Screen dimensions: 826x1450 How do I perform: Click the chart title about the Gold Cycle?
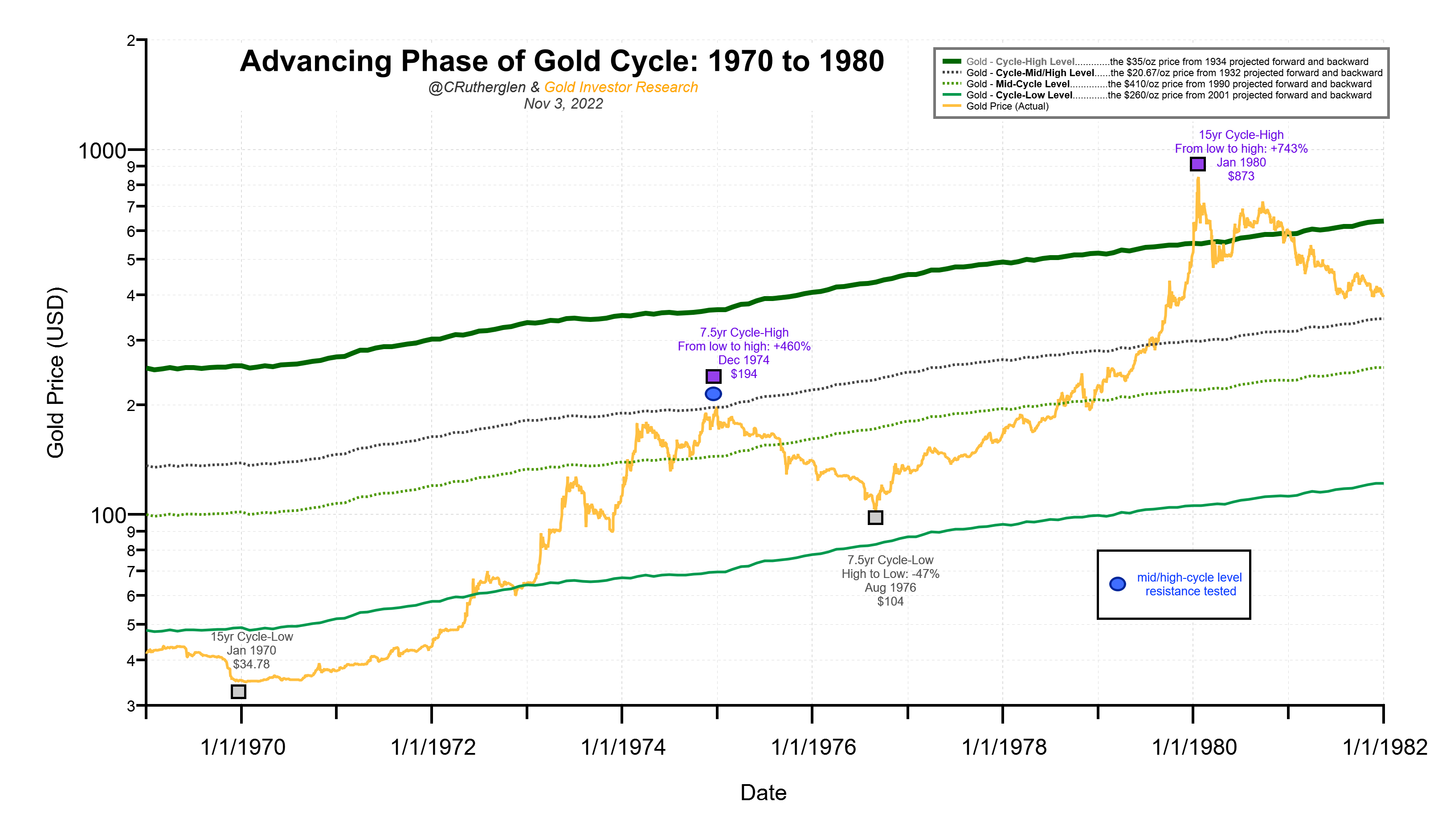click(561, 61)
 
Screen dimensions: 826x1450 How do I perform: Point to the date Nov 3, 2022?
click(563, 104)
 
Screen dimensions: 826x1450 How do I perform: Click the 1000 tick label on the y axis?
click(102, 151)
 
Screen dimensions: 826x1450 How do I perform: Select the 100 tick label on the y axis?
click(108, 516)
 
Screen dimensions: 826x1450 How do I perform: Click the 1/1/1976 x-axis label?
click(813, 747)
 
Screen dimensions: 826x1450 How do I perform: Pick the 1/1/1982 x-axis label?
click(1384, 747)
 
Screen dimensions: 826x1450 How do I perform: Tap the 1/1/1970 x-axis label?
click(242, 747)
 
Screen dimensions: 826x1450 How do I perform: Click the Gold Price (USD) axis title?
click(56, 373)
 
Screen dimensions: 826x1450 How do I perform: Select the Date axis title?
click(763, 793)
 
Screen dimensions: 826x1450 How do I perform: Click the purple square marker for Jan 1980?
click(1197, 164)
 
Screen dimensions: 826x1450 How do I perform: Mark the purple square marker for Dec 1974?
click(713, 376)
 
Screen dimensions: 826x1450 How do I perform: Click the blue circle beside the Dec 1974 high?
click(713, 394)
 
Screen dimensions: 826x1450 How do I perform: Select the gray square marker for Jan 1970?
click(238, 692)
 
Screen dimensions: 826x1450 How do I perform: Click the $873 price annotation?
click(1241, 176)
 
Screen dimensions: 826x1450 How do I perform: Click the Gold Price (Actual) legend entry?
click(1007, 106)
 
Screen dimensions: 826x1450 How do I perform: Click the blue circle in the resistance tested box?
click(1117, 584)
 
